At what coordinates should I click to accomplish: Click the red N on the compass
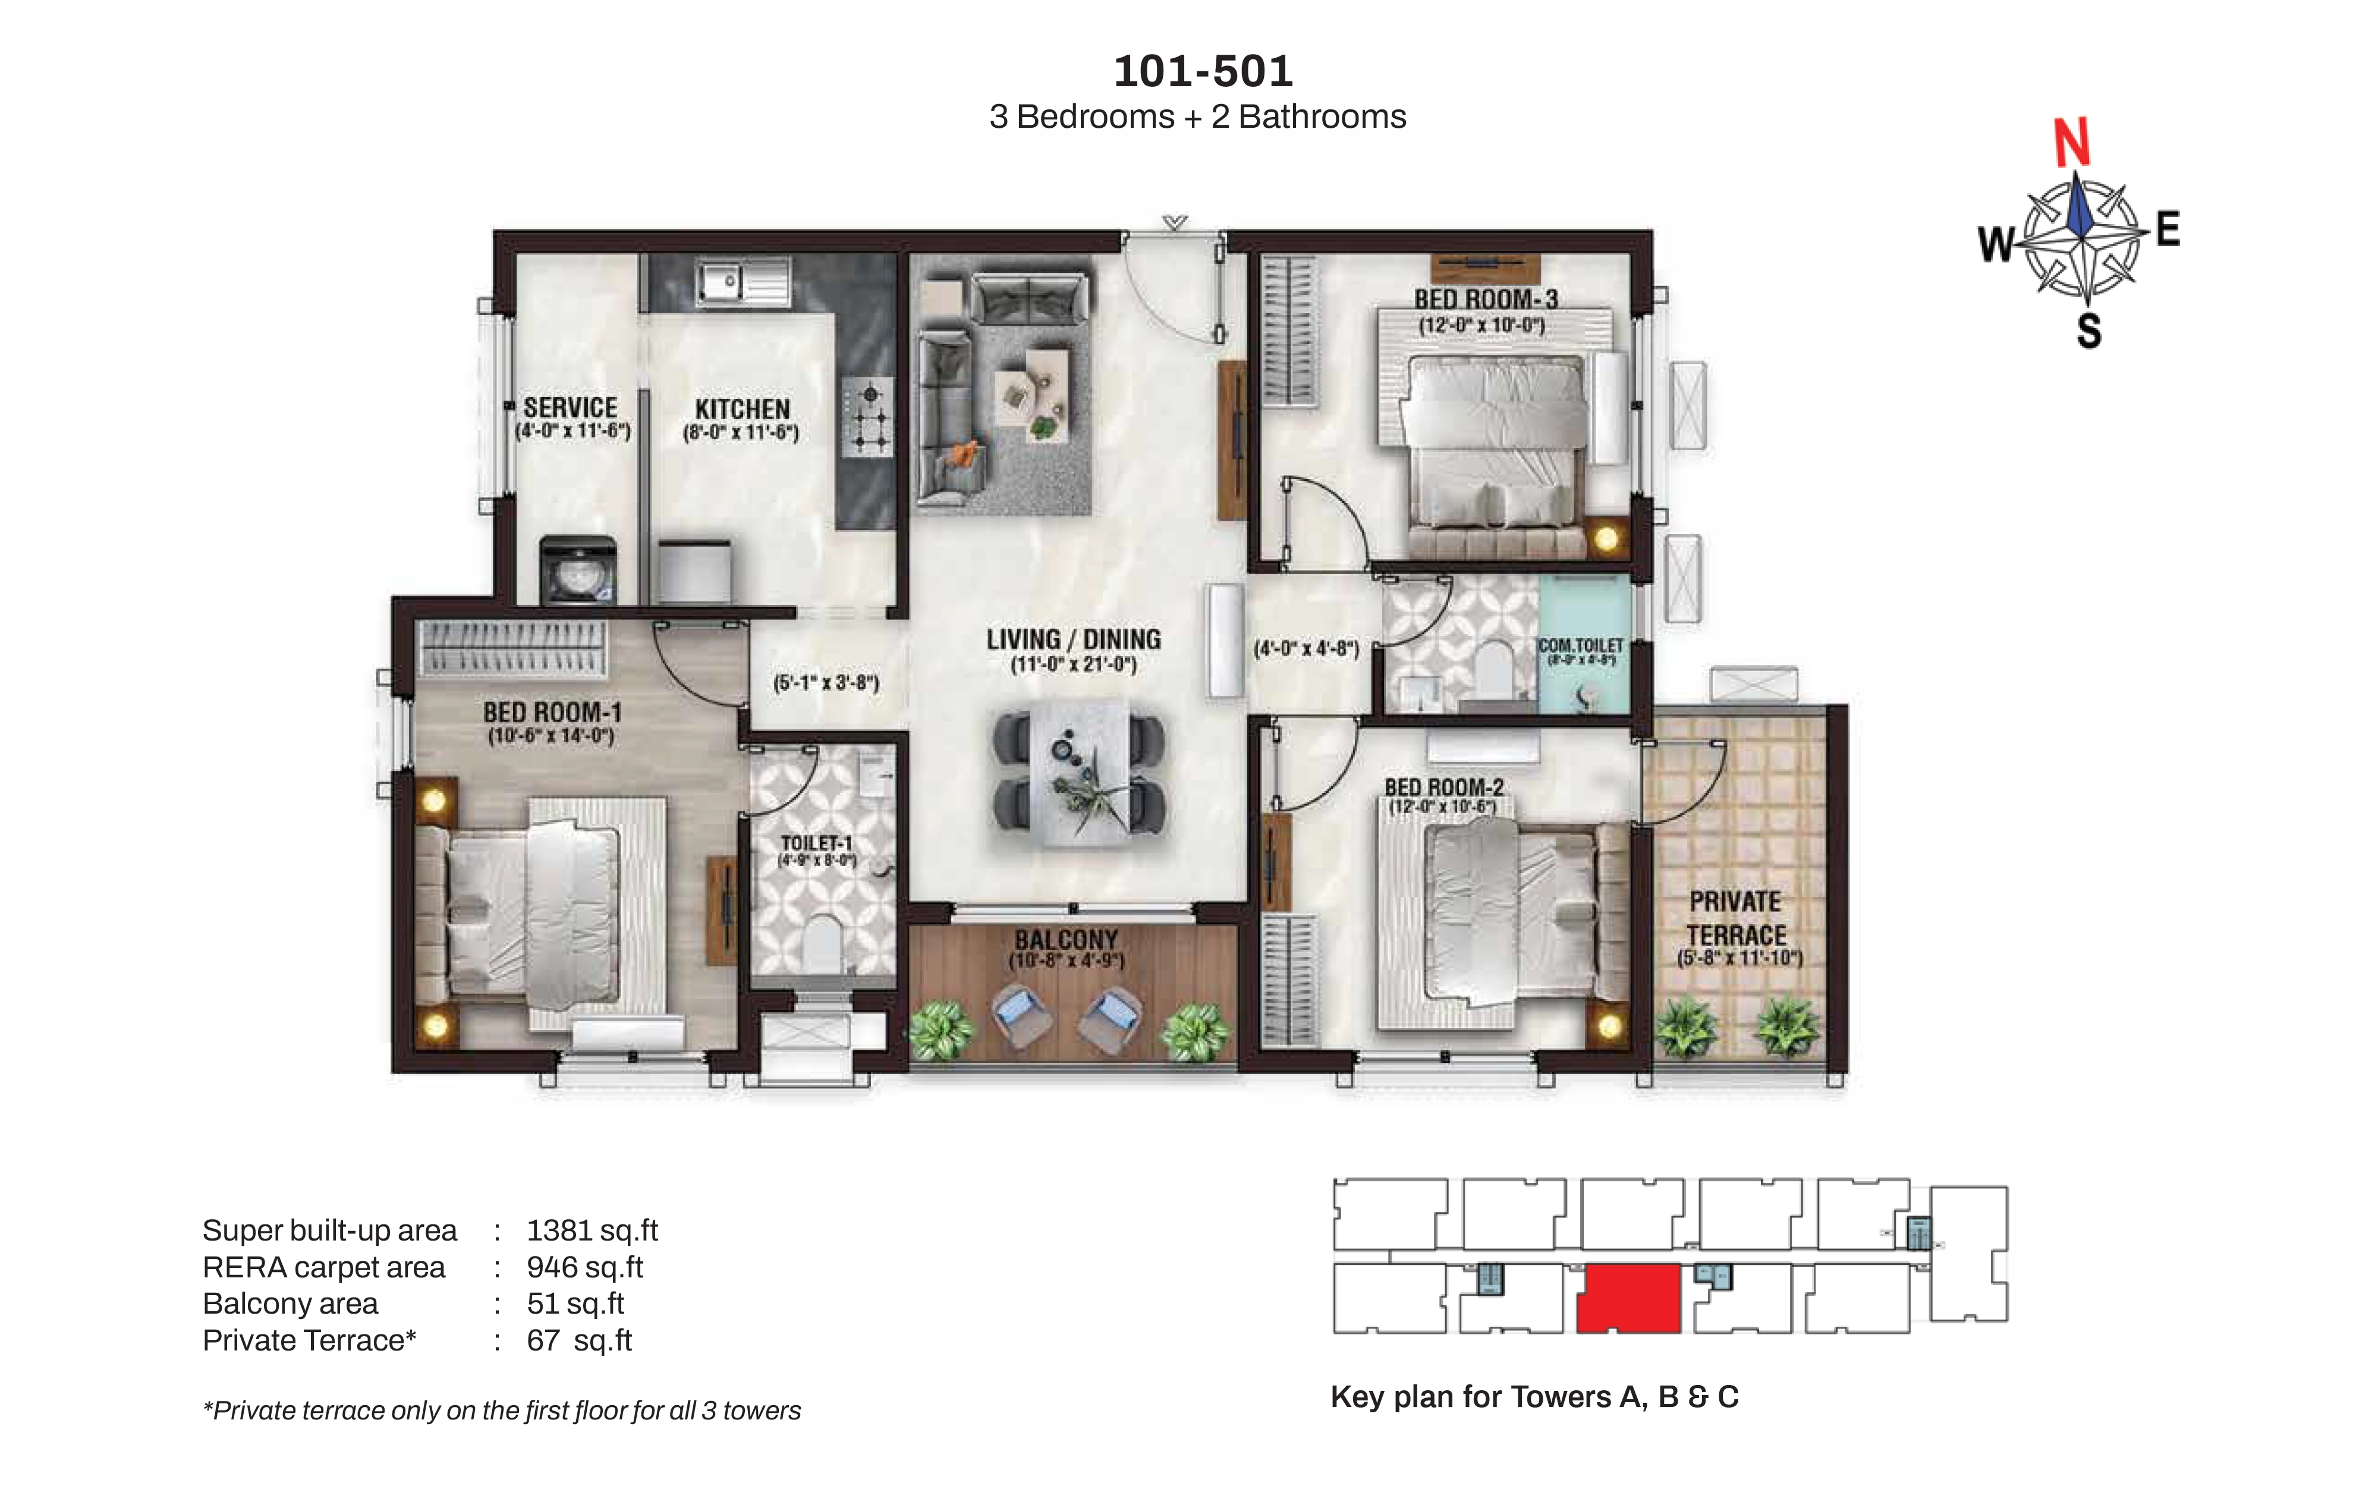[x=2071, y=143]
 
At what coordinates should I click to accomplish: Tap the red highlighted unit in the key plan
[x=1628, y=1298]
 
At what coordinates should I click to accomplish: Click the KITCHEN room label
[x=742, y=409]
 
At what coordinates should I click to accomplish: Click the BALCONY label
[x=1066, y=940]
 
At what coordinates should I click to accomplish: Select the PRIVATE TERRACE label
[x=1737, y=918]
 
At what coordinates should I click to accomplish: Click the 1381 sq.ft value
[x=592, y=1230]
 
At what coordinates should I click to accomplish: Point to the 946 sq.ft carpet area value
[x=584, y=1267]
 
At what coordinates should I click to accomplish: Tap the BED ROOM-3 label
[x=1485, y=299]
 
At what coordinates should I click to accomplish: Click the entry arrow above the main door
[x=1174, y=223]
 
